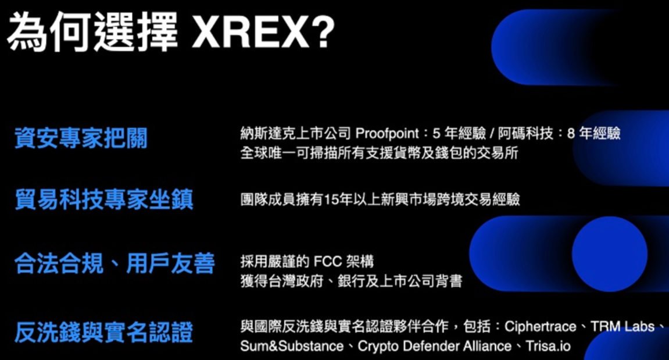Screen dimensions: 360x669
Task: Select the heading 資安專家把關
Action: (x=81, y=138)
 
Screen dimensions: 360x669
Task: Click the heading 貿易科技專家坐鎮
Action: (x=104, y=199)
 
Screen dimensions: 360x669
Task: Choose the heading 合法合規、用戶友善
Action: (x=115, y=263)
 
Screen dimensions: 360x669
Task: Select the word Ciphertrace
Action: (x=541, y=326)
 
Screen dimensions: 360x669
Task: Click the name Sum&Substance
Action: (x=292, y=346)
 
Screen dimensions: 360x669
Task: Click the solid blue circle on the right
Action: (x=609, y=254)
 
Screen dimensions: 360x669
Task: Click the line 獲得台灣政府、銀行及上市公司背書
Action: (x=351, y=281)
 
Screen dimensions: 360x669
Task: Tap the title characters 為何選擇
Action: (x=93, y=33)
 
